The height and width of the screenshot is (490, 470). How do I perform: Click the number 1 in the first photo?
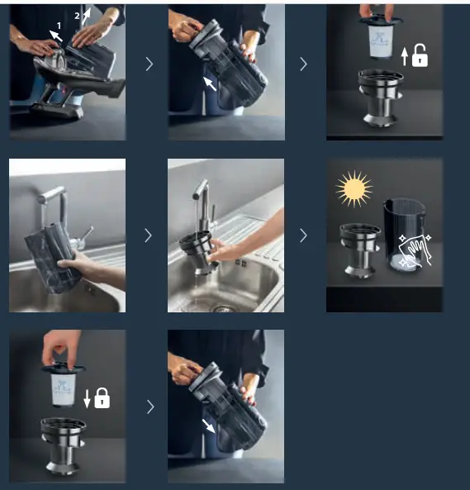59,26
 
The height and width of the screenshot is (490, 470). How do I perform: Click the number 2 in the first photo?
77,16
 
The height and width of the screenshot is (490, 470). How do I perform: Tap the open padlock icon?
420,55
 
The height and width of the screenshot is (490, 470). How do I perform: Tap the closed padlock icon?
102,397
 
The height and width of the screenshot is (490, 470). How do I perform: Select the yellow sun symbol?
354,188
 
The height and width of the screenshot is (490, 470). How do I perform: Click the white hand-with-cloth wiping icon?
414,251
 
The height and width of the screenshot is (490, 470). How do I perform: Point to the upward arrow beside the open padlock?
405,56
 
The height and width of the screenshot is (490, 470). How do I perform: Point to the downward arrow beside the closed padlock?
87,398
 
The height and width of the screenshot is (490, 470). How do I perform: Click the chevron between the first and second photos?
150,64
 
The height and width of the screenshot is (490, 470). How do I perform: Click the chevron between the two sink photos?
149,235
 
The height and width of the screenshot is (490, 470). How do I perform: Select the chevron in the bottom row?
150,407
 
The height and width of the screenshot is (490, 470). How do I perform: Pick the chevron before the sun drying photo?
303,235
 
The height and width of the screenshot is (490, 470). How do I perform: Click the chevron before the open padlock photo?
303,64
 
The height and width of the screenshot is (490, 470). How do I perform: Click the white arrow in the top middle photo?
210,83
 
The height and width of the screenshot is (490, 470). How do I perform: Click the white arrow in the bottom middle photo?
209,426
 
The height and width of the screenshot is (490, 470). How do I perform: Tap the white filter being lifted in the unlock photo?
381,40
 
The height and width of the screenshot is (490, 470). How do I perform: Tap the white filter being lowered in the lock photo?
64,390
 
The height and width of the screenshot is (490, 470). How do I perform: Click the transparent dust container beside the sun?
404,235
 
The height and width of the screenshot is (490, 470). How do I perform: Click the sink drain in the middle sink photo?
224,309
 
